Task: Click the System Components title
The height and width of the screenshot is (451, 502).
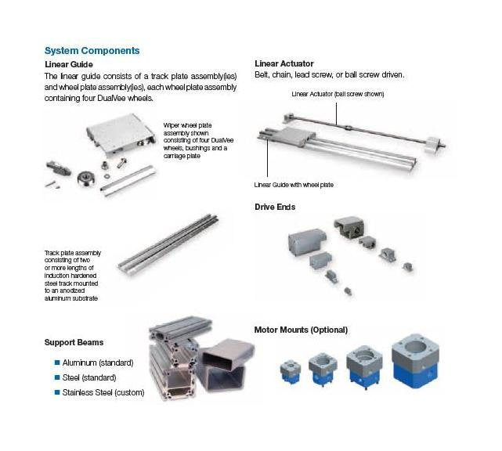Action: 92,50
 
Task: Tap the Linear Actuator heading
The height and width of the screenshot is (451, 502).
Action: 285,63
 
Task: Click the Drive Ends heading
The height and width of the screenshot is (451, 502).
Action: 274,207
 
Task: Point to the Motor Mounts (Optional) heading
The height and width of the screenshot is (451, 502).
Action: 301,330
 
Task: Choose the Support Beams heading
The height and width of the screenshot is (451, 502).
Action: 74,343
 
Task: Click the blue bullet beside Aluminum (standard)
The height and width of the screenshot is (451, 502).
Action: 56,363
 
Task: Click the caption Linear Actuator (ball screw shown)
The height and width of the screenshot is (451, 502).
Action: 338,94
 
